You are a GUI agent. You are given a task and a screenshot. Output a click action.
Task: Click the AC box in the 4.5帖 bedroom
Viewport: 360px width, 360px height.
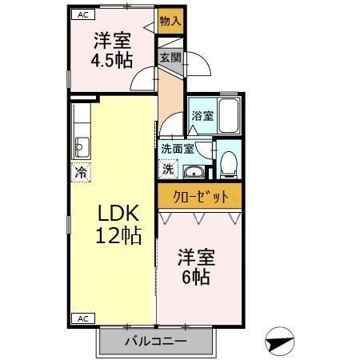82,14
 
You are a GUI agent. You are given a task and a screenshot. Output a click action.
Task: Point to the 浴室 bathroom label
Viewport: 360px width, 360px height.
202,116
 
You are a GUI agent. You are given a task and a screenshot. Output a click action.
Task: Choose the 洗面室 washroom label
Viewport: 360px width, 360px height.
177,148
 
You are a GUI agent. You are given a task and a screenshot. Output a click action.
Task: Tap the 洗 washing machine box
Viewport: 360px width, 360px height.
169,169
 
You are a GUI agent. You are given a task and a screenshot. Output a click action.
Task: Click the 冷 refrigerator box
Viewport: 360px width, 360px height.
81,171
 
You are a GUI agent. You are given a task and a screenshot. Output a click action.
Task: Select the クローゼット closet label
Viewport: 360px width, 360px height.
200,196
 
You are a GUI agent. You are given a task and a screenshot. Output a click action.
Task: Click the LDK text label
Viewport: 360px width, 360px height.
119,213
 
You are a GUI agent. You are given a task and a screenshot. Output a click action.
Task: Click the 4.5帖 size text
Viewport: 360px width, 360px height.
112,61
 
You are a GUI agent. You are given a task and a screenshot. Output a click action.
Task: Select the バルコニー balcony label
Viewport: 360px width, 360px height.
155,342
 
